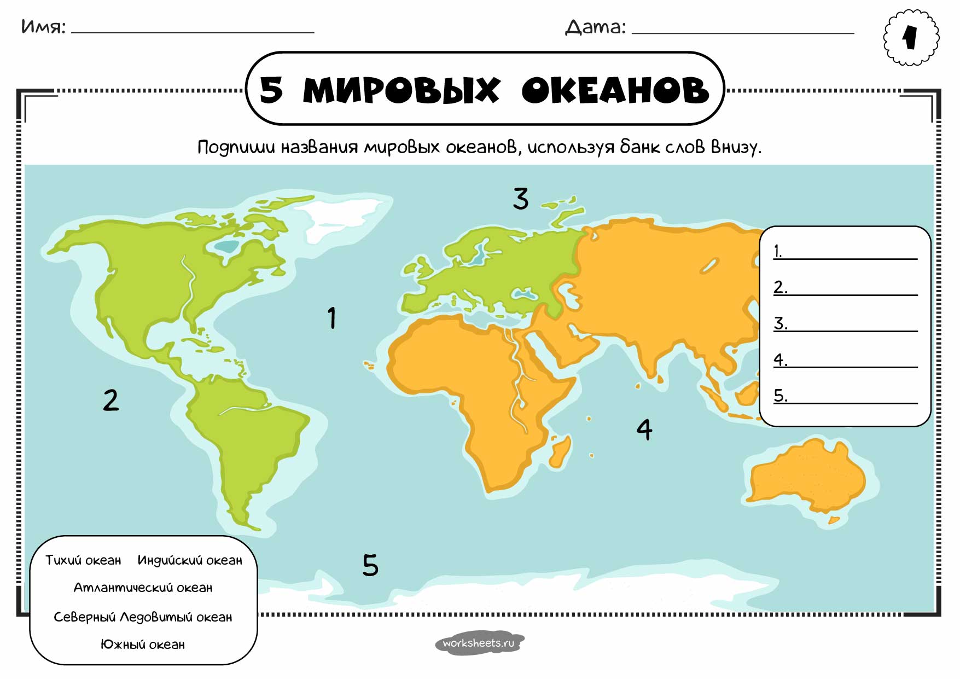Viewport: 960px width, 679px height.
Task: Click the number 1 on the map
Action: pos(331,318)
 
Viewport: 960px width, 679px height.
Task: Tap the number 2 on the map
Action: pos(110,400)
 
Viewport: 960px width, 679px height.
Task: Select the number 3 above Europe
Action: pos(521,199)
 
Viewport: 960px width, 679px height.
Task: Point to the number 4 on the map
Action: pos(644,430)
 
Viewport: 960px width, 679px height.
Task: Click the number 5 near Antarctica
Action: pos(370,565)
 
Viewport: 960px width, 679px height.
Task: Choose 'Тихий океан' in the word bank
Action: pos(83,560)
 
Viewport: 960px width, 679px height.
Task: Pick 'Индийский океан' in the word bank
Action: pos(190,560)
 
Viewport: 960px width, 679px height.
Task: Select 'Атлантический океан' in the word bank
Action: pos(143,588)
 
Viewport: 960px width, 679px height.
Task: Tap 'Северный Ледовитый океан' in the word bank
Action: pos(143,617)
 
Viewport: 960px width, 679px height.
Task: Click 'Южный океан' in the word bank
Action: pos(143,645)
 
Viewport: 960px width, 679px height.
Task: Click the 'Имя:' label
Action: pos(43,27)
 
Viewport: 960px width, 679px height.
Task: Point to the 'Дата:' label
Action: pos(595,27)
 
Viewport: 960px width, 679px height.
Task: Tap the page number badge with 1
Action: pos(911,38)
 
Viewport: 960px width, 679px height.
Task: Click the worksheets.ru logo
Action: pos(479,643)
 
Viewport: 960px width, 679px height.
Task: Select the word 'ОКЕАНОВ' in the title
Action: pos(615,90)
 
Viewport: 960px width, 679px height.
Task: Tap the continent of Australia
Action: pos(807,476)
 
